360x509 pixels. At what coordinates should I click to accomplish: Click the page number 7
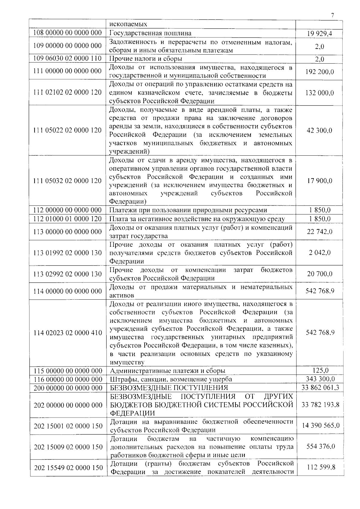coord(333,15)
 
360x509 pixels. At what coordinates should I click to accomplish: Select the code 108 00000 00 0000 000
coord(67,33)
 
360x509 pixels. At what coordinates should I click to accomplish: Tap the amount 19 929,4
coord(319,33)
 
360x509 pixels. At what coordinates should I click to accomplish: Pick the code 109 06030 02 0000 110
coord(67,58)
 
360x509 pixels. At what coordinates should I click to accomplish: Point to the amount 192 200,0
coord(319,72)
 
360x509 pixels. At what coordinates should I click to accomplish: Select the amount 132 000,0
coord(319,93)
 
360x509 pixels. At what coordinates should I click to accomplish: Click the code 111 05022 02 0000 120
coord(67,130)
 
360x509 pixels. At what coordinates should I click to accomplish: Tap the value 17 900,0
coord(319,181)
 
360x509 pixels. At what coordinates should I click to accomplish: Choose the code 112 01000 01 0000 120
coord(67,219)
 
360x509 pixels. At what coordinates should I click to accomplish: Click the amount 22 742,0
coord(319,232)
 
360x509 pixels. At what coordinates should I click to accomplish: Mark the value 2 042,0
coord(319,253)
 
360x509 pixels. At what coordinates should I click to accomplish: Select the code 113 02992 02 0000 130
coord(67,274)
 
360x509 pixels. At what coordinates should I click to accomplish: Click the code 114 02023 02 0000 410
coord(67,333)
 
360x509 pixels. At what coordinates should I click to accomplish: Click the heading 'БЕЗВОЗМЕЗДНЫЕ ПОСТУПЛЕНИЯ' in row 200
coord(169,388)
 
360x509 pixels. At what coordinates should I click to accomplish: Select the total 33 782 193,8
coord(320,405)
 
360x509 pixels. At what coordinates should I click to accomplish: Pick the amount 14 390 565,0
coord(320,426)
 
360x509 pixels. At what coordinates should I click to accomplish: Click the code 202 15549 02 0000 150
coord(68,468)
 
